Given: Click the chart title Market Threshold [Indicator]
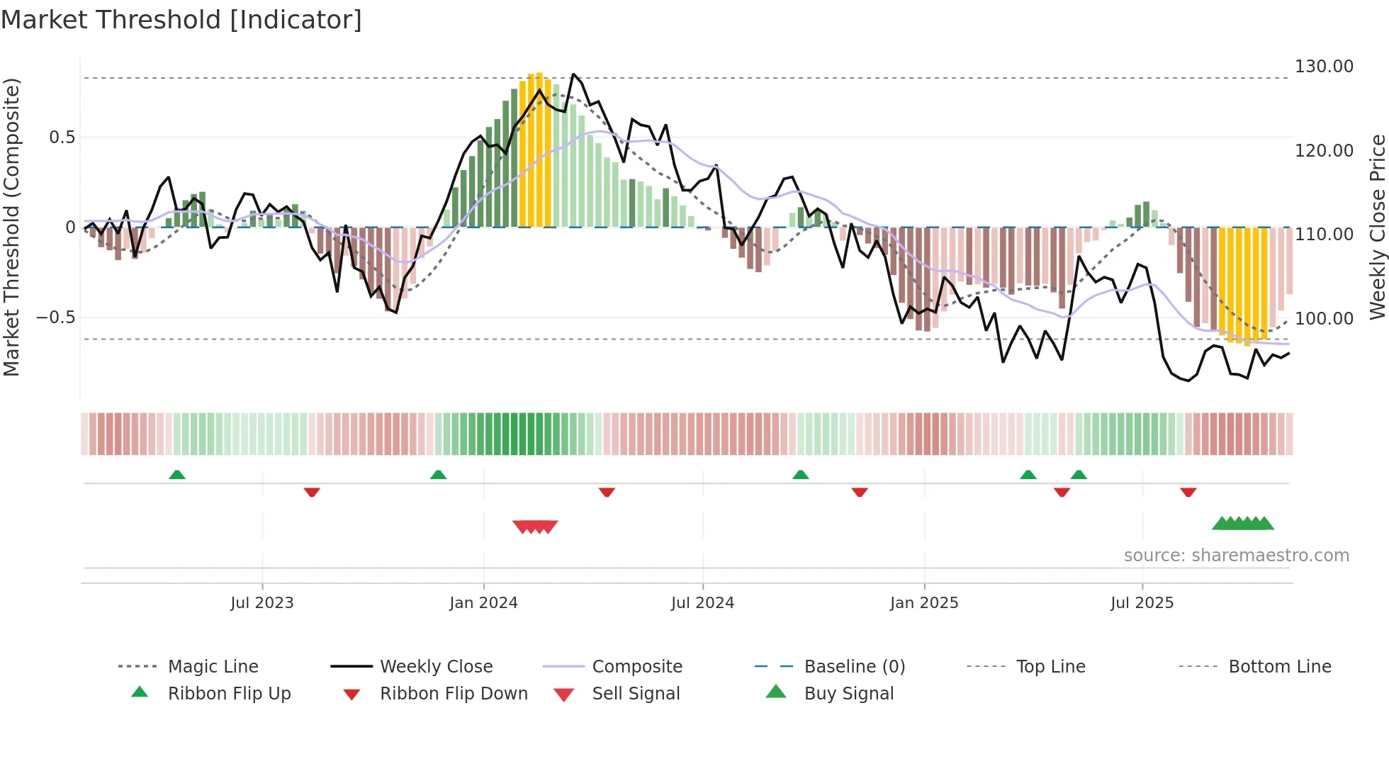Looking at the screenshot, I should [181, 20].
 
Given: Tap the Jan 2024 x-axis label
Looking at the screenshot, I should [483, 603].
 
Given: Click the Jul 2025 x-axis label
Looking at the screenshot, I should [1142, 603].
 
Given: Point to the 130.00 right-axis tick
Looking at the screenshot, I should [1324, 67].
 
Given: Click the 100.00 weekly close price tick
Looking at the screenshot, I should [1324, 319].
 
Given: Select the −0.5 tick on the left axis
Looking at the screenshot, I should [55, 318].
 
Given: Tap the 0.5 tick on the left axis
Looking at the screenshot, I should [62, 137].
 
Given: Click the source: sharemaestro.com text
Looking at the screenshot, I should [1236, 556].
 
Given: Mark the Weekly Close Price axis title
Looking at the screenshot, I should [1377, 227].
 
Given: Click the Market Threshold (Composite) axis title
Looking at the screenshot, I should [11, 227].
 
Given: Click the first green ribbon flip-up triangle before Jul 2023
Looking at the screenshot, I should [177, 475].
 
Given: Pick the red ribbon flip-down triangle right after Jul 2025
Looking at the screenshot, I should [1188, 492].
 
